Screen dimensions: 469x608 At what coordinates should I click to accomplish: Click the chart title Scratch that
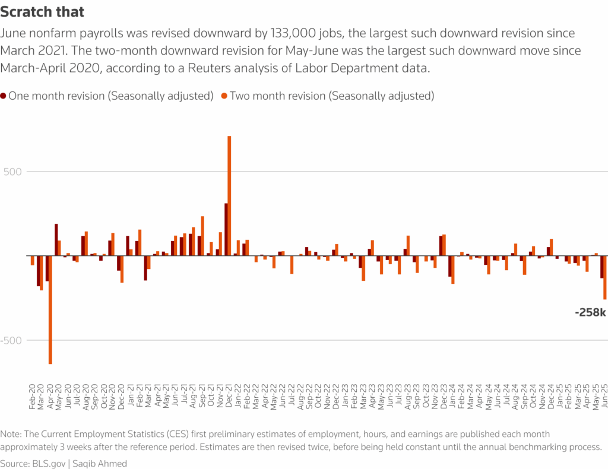click(43, 11)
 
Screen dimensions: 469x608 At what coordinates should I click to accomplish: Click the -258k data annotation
click(590, 312)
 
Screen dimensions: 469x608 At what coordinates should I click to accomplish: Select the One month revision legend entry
click(110, 96)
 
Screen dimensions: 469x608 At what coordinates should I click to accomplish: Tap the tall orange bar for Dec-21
click(229, 196)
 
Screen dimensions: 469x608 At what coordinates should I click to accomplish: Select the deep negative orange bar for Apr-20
click(50, 309)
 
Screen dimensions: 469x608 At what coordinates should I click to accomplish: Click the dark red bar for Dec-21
click(226, 229)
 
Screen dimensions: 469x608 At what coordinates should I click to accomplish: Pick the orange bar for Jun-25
click(604, 277)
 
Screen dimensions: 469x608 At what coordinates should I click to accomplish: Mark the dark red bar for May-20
click(56, 239)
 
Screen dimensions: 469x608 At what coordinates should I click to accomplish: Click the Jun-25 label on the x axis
click(603, 395)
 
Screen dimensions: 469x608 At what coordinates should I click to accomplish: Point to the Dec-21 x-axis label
click(228, 395)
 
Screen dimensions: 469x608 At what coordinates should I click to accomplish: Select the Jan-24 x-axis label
click(451, 395)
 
